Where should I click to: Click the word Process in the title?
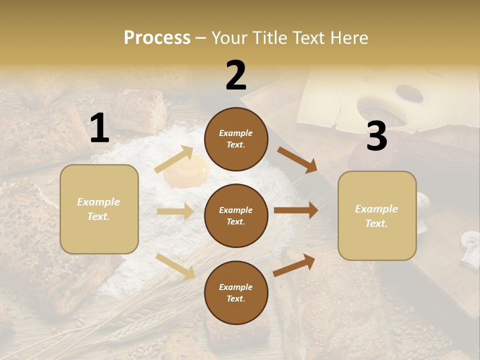click(x=157, y=38)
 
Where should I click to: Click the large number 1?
click(x=99, y=128)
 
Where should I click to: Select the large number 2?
click(x=236, y=75)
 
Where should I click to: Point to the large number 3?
click(x=376, y=136)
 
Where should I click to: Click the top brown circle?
click(x=236, y=139)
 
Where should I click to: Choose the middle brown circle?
click(x=236, y=215)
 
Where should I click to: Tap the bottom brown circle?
click(x=236, y=292)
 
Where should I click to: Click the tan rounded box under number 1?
click(x=99, y=209)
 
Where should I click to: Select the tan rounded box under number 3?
click(x=376, y=215)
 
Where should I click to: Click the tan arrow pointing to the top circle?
click(x=174, y=159)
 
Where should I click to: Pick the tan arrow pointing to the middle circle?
click(x=175, y=211)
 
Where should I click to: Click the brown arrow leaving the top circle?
click(x=297, y=160)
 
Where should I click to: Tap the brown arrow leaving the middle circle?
click(x=295, y=210)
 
